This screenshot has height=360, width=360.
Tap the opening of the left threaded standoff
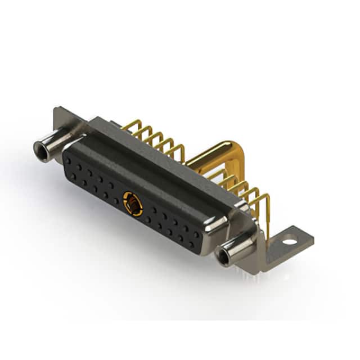40,150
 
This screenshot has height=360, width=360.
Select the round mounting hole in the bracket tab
289,242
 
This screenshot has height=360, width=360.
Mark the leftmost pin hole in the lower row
73,176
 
